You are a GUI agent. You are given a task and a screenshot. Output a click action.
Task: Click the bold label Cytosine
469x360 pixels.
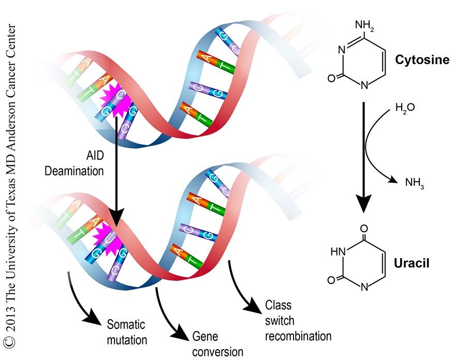pyautogui.click(x=422, y=60)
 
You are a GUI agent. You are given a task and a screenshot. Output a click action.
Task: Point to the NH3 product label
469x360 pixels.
pyautogui.click(x=414, y=182)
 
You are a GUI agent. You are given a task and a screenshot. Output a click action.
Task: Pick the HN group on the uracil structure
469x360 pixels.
pyautogui.click(x=338, y=252)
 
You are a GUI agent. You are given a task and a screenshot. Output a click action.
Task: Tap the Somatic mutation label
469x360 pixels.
pyautogui.click(x=126, y=332)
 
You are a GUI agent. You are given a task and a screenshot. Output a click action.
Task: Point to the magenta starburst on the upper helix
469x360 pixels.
pyautogui.click(x=118, y=99)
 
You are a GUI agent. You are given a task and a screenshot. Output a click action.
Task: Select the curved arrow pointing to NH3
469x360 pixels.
pyautogui.click(x=378, y=150)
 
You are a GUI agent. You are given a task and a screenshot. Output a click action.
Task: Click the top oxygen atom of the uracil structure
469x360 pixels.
pyautogui.click(x=364, y=228)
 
